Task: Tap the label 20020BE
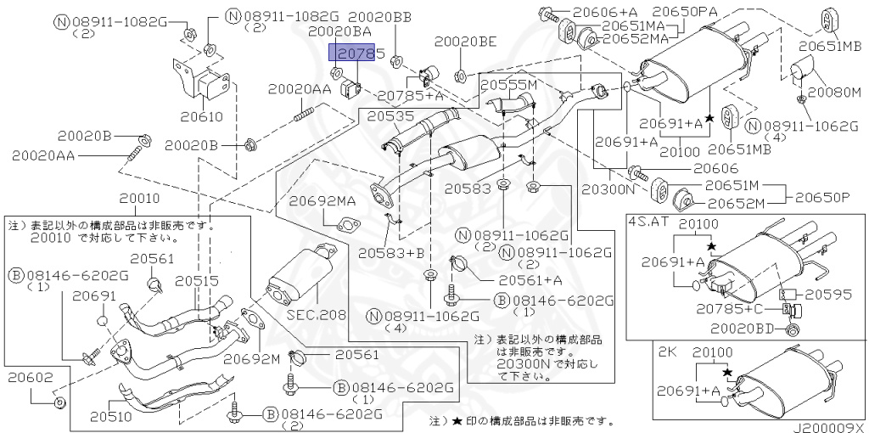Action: click(x=465, y=40)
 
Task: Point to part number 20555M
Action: click(x=509, y=87)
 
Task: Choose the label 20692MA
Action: click(x=322, y=201)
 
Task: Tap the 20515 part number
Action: click(x=197, y=281)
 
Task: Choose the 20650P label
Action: click(x=822, y=197)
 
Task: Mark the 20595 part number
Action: click(x=828, y=295)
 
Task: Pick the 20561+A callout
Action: click(x=530, y=278)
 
